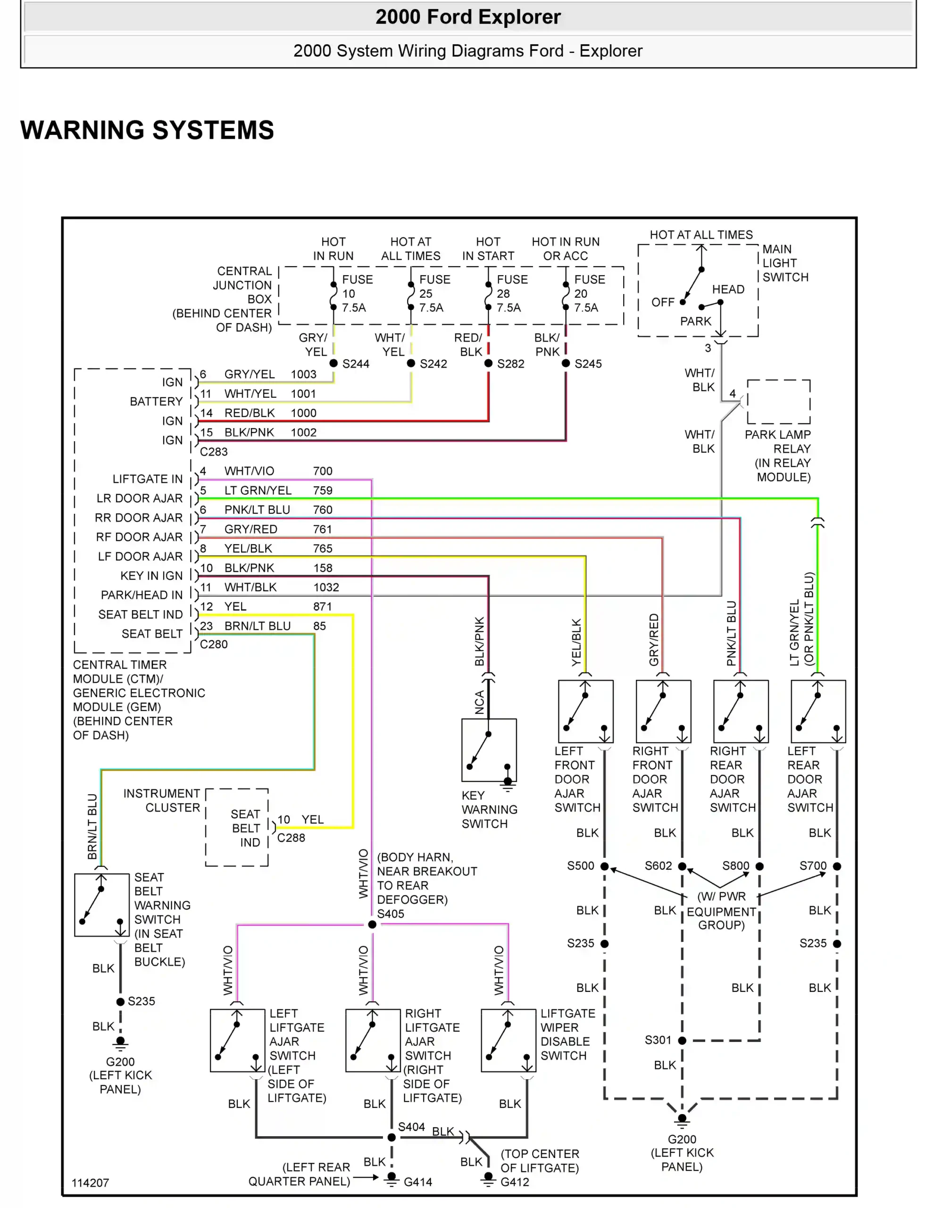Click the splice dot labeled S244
pos(334,363)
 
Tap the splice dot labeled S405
pos(372,924)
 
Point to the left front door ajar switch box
pos(585,711)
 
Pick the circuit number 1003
pos(304,375)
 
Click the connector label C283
pos(214,452)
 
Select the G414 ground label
pos(417,1182)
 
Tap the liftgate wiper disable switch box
pos(508,1040)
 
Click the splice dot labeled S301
pos(682,1040)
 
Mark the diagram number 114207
pos(90,1183)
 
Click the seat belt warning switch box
pos(102,905)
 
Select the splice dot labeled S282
pos(488,363)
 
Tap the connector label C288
pos(291,838)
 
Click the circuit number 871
pos(322,607)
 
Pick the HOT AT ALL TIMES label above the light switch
pos(700,235)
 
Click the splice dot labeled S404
pos(392,1137)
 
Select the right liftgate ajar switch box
pos(373,1040)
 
